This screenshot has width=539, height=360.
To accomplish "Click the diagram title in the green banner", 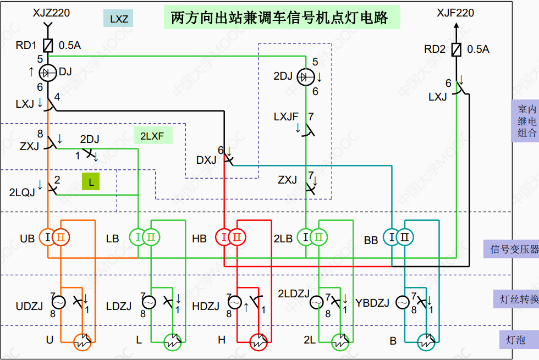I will (280, 18).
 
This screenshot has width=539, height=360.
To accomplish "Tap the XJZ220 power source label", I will (51, 12).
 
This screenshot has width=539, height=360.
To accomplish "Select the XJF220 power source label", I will (455, 13).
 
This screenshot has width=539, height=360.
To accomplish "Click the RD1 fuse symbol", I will (48, 45).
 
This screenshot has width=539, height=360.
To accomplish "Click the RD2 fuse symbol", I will (456, 49).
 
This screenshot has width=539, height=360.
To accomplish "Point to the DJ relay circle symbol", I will (48, 71).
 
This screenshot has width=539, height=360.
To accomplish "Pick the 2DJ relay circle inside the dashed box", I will (305, 77).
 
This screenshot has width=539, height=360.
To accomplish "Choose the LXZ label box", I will (119, 19).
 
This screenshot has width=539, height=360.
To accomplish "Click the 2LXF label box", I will (152, 135).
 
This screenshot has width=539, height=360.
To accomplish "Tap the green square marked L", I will (91, 181).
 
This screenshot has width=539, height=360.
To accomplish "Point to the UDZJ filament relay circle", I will (58, 302).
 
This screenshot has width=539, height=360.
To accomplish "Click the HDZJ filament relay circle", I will (234, 302).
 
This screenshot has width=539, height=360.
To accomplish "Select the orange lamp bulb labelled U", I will (82, 341).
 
